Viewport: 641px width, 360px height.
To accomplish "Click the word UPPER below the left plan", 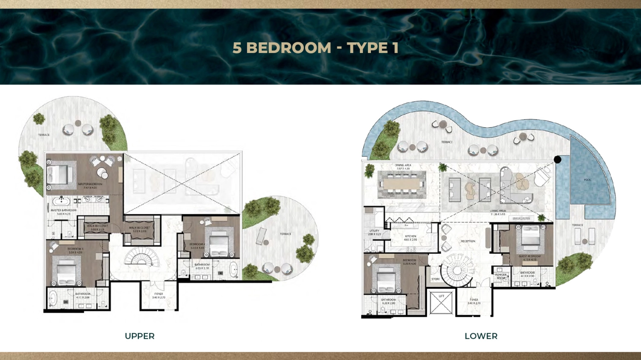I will click(x=140, y=336).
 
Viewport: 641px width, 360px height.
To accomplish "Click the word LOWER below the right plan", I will click(x=481, y=336).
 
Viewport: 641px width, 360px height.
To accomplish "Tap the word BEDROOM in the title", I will click(x=289, y=48).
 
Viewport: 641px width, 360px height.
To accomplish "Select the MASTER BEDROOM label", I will click(x=90, y=184).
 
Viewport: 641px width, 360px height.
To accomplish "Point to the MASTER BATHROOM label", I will click(x=64, y=210).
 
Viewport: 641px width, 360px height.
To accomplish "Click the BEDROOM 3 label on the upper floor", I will click(x=75, y=249).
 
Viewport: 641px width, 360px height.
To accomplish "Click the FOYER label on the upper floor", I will click(x=159, y=294).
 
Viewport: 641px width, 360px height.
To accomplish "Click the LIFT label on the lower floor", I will click(x=441, y=296).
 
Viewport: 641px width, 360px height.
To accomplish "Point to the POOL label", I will click(x=588, y=180).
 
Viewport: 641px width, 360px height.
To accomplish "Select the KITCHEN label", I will click(x=410, y=236).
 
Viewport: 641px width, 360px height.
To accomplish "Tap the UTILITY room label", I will click(x=374, y=231).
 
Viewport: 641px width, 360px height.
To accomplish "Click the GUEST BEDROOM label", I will click(x=530, y=256).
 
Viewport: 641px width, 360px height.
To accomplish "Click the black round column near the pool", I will click(x=558, y=159).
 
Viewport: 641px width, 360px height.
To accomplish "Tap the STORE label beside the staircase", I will click(x=435, y=279).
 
